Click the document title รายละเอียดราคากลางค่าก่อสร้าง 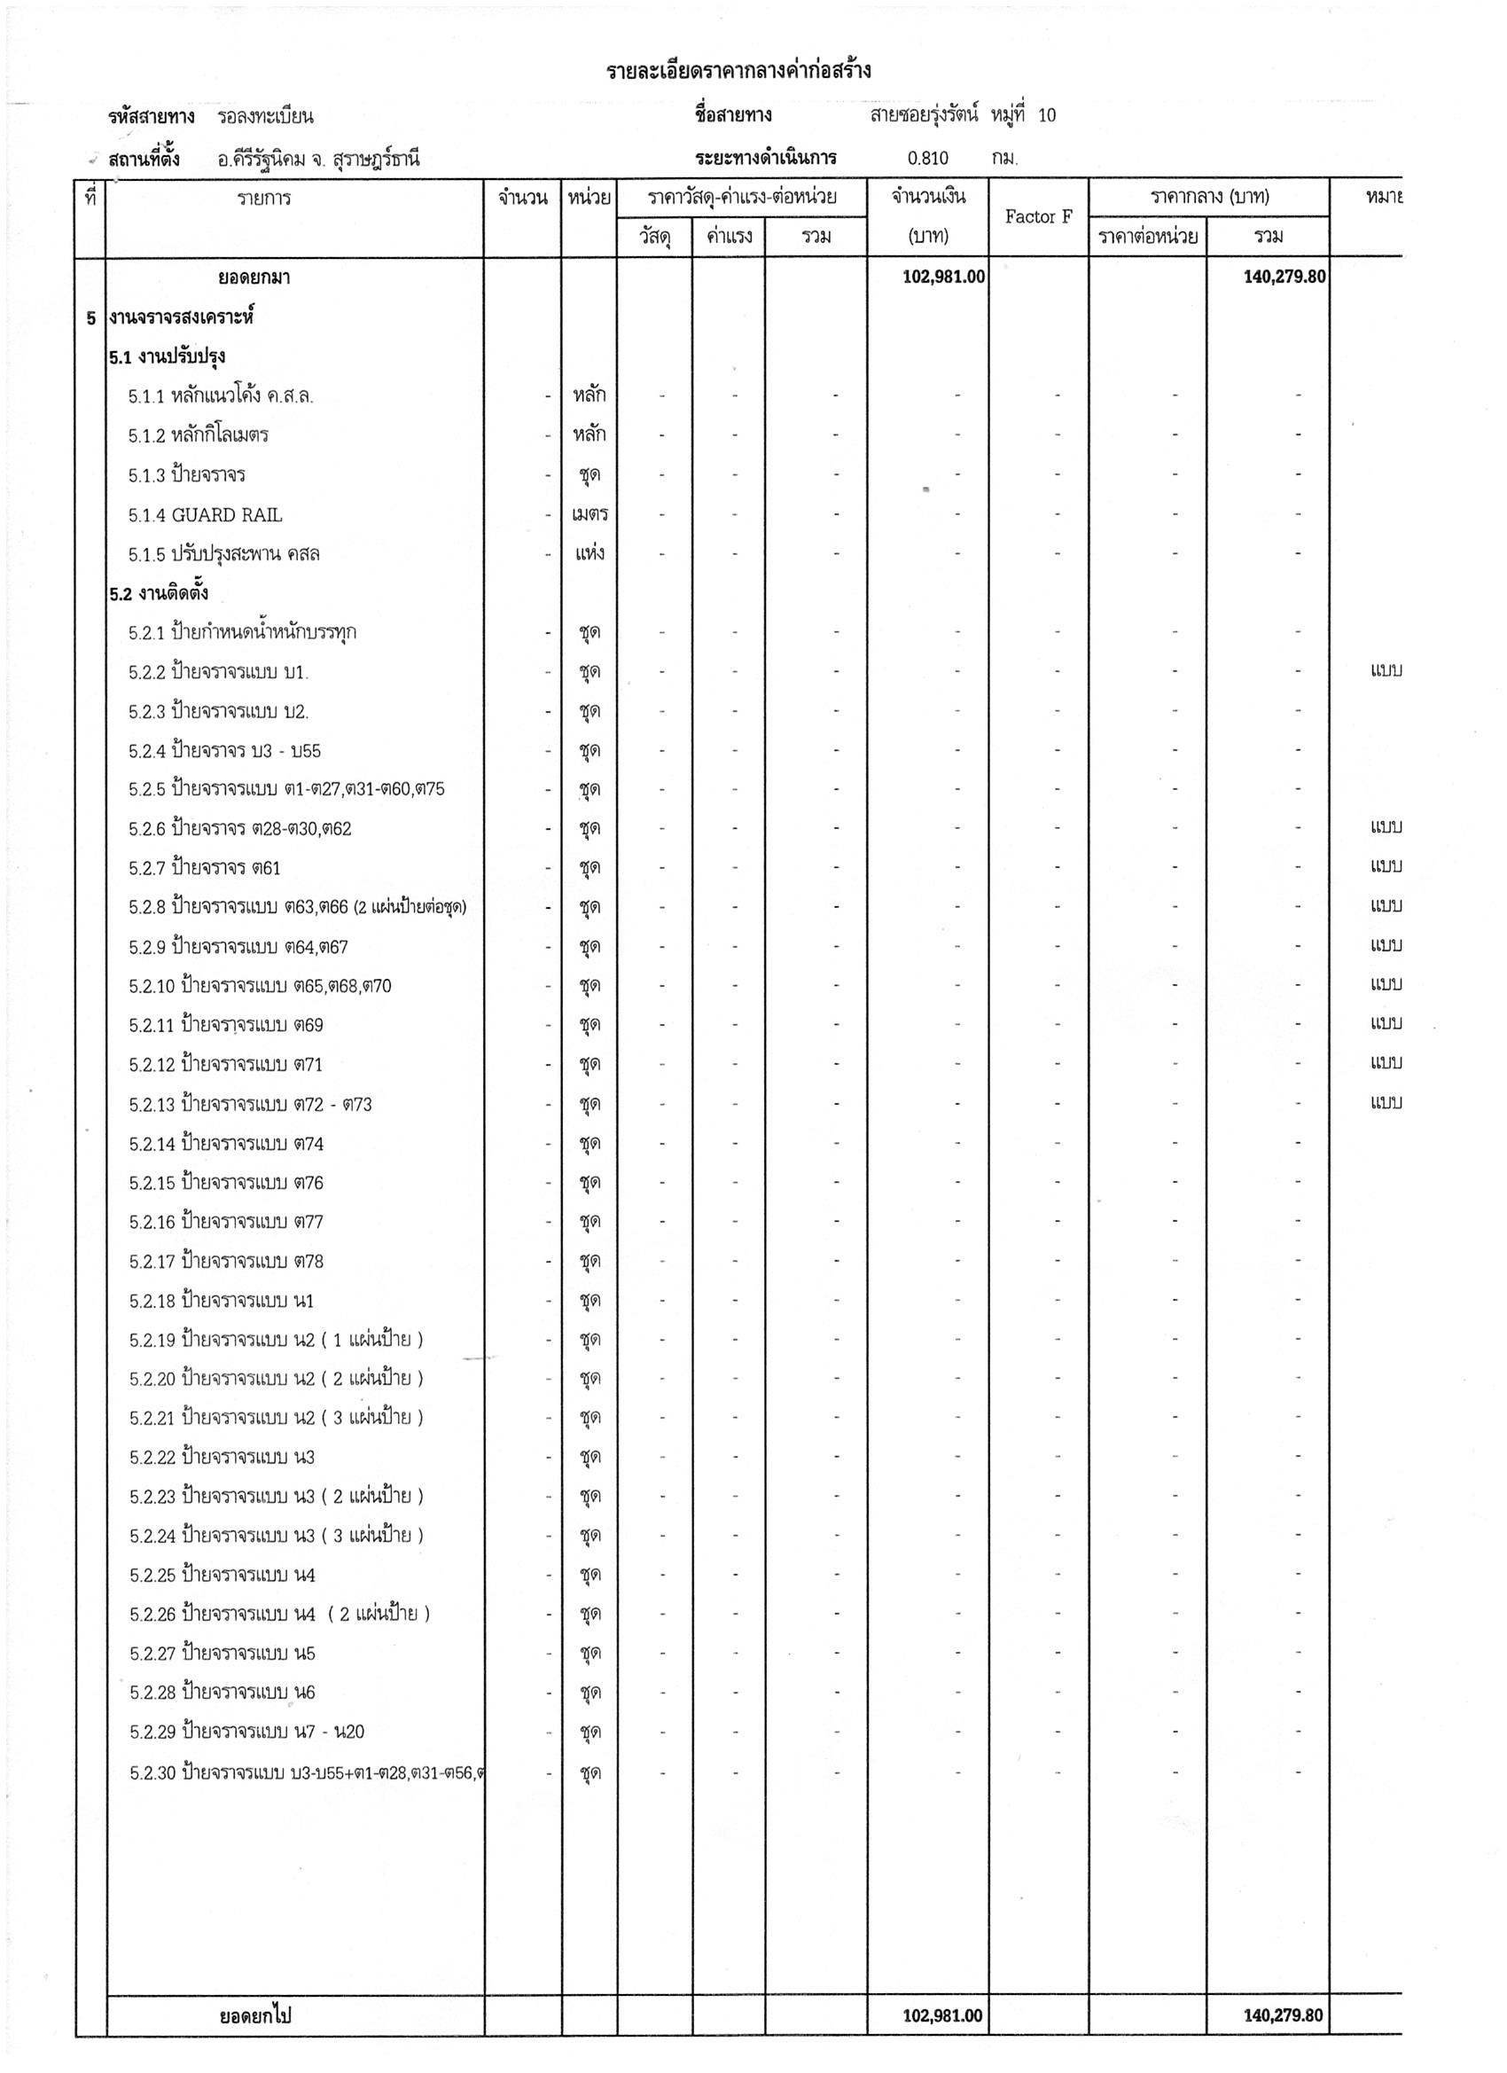(738, 70)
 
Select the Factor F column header (1038, 216)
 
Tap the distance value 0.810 (927, 158)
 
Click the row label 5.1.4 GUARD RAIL (205, 514)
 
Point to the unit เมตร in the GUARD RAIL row (590, 514)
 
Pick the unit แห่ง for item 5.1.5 (590, 554)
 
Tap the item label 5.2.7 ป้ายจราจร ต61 (205, 867)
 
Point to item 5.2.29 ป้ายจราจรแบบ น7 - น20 (246, 1731)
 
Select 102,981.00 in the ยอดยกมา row (943, 276)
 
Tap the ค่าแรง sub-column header (729, 237)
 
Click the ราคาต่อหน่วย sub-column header (1148, 237)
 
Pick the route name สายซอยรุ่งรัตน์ (924, 115)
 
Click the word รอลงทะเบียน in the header (265, 116)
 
